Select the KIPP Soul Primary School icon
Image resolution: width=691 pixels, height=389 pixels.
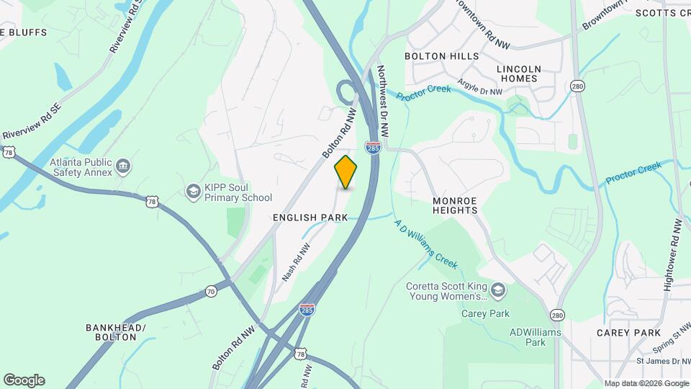pos(193,191)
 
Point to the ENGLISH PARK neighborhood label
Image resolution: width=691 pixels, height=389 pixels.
pos(310,217)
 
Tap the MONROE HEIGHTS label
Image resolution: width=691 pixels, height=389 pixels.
pos(455,205)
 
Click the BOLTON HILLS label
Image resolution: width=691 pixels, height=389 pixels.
pos(441,56)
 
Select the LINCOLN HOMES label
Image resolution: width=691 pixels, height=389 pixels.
pos(518,73)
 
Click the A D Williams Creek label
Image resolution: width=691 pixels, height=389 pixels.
pos(427,244)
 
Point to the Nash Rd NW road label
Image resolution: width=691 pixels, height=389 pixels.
pos(295,261)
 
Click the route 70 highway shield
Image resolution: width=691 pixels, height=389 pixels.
pos(210,292)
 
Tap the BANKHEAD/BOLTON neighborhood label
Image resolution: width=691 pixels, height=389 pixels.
pos(116,332)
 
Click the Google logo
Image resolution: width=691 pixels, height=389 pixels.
pos(24,380)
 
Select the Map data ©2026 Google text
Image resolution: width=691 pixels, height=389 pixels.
pos(646,383)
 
